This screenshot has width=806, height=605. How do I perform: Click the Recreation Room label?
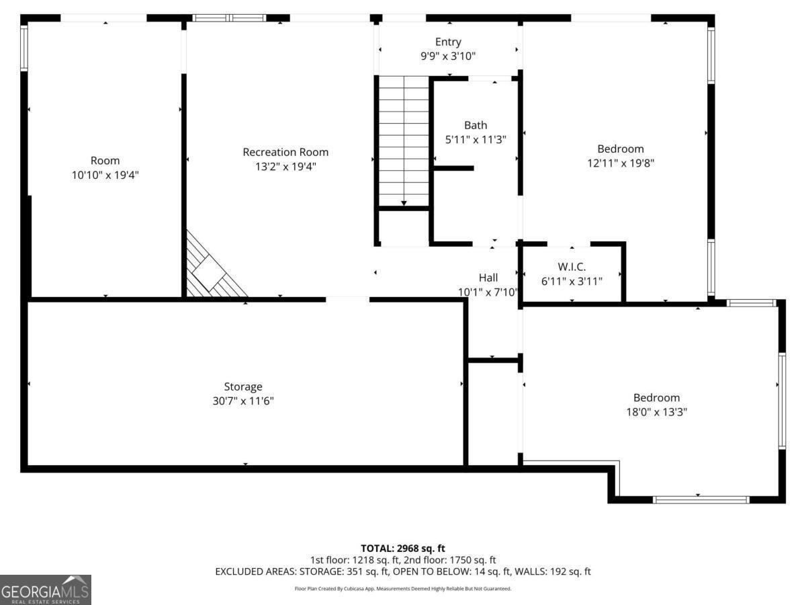(285, 152)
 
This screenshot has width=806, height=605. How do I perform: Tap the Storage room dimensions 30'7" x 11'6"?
(243, 401)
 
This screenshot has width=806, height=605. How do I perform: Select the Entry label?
(448, 42)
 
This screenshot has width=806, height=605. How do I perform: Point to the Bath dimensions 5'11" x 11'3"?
(476, 140)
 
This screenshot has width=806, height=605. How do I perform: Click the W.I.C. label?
(572, 267)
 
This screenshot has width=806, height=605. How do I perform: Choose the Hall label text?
(488, 278)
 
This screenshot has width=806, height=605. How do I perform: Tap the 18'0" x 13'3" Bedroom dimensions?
(656, 412)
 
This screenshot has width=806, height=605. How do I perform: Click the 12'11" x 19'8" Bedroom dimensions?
(621, 163)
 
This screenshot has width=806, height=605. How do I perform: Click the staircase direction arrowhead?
(404, 203)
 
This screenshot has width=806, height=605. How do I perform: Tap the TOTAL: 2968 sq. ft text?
(403, 549)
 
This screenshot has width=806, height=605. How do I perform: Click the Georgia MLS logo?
(46, 590)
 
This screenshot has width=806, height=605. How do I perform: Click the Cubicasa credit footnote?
(403, 589)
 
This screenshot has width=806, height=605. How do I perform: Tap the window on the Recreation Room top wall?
(229, 17)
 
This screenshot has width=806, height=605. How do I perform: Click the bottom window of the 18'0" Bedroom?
(701, 499)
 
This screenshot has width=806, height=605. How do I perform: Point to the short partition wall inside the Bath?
(453, 168)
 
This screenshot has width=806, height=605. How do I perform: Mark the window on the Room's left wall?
(24, 48)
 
